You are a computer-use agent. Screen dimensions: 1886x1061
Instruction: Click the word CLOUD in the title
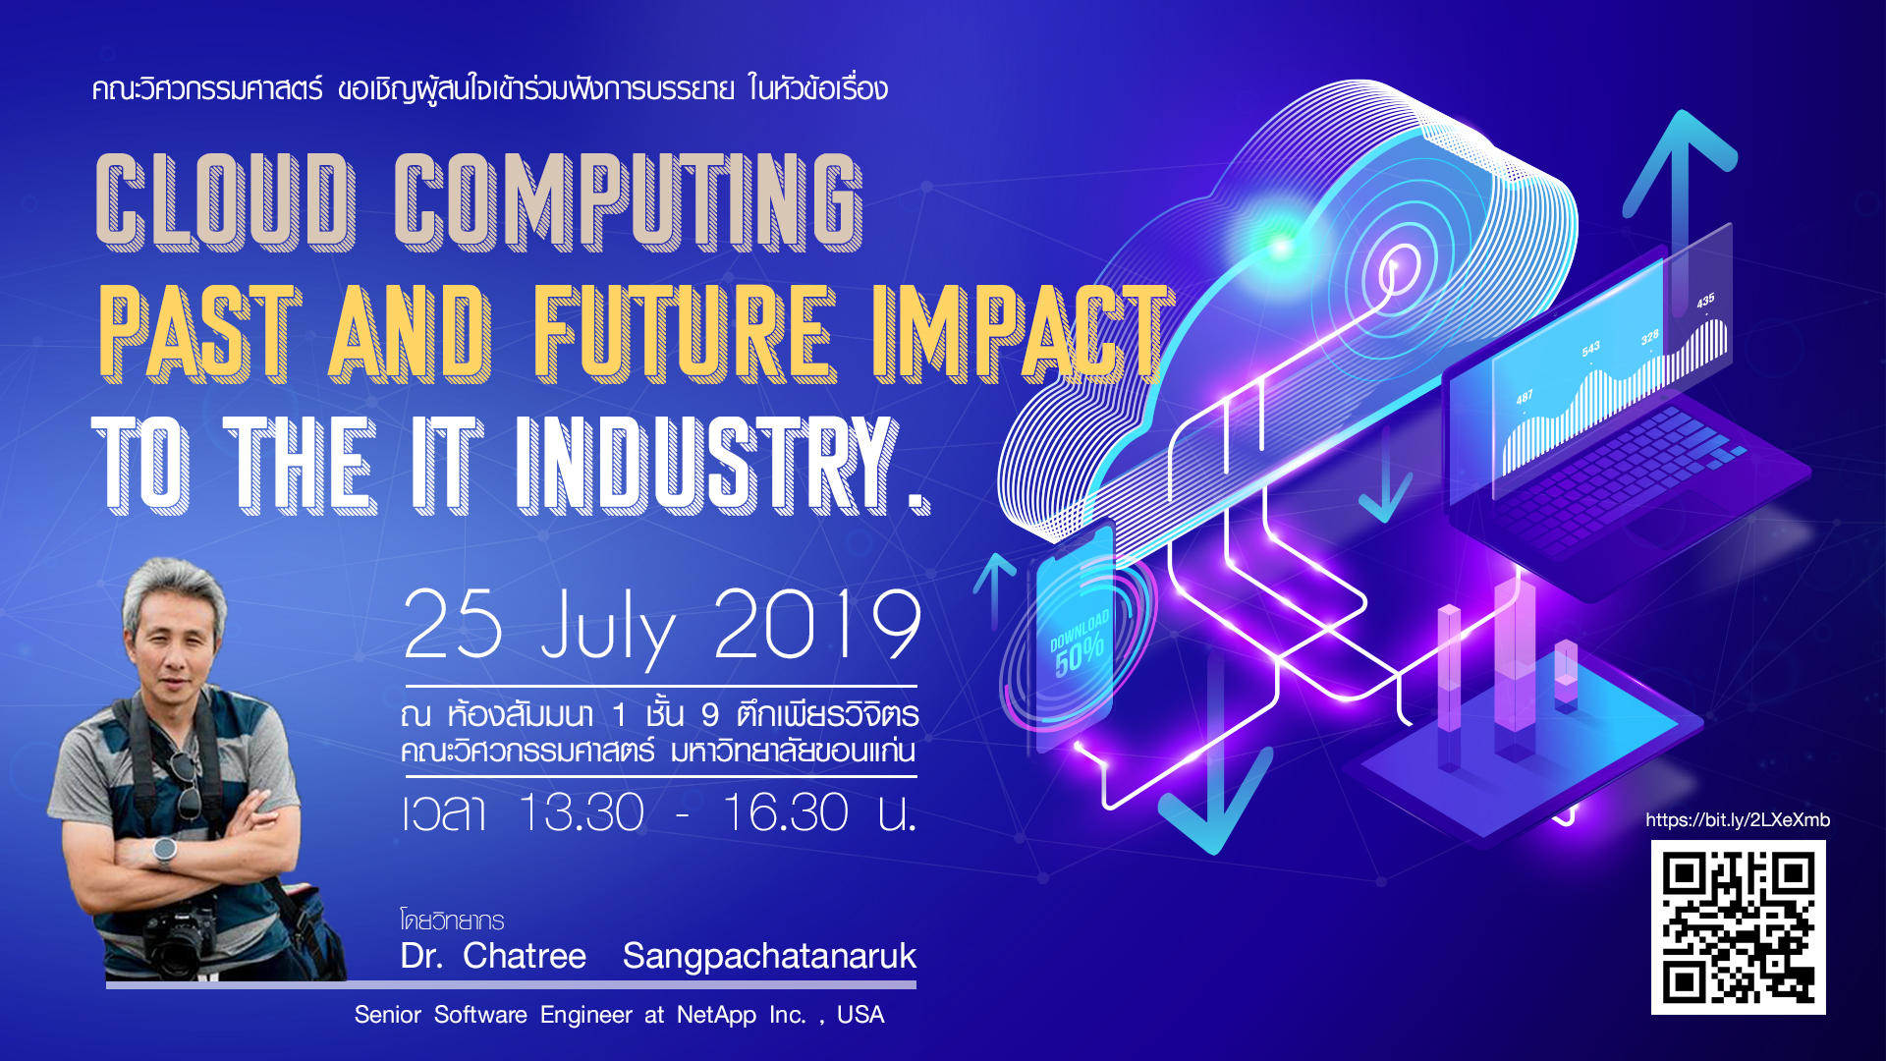tap(226, 201)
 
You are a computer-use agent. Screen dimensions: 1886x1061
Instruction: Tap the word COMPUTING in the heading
tap(629, 201)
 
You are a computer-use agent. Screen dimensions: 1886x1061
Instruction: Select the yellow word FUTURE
tap(685, 334)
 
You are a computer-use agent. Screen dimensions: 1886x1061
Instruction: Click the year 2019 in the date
tap(818, 625)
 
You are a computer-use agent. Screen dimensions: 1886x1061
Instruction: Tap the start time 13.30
tap(581, 812)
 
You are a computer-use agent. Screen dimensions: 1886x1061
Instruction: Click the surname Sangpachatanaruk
tap(769, 957)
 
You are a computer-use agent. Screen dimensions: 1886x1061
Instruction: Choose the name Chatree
tap(525, 956)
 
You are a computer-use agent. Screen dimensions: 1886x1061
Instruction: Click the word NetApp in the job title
tap(716, 1016)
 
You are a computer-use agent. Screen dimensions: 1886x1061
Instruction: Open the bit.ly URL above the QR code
tap(1738, 820)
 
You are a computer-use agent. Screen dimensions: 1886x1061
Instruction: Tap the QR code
tap(1739, 927)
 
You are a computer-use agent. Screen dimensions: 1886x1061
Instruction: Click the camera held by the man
tap(182, 935)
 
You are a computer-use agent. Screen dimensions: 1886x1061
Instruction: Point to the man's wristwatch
tap(165, 851)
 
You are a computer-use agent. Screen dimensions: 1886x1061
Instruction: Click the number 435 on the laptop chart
tap(1705, 301)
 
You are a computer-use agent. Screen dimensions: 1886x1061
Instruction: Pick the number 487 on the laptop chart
tap(1524, 398)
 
